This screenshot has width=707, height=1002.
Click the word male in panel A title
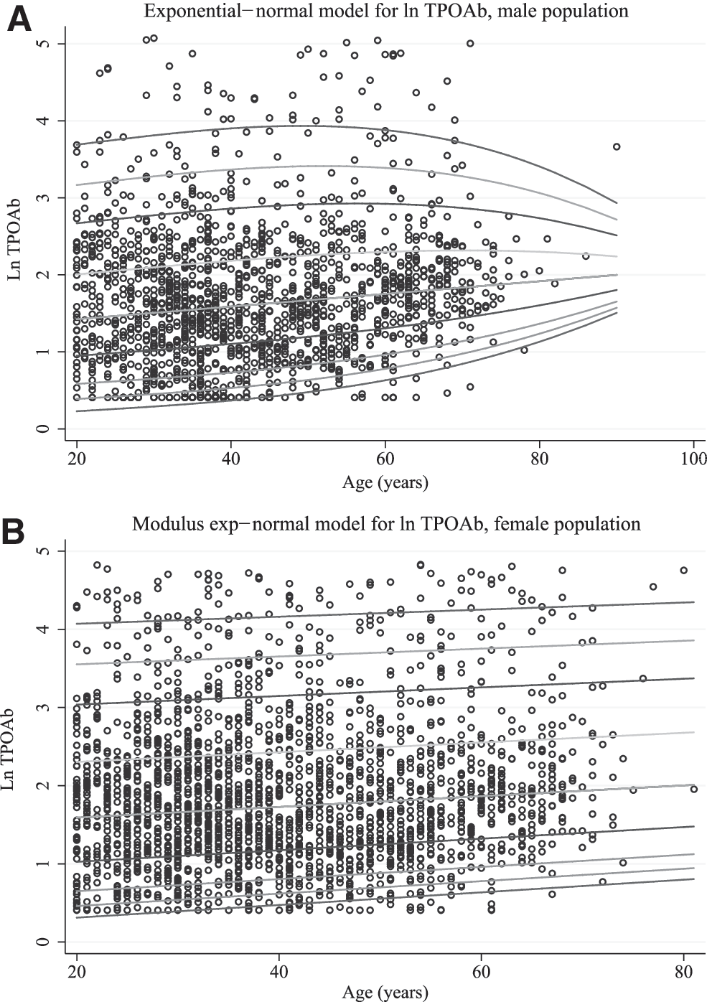pyautogui.click(x=513, y=11)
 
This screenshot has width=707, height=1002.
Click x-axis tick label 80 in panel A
pyautogui.click(x=539, y=459)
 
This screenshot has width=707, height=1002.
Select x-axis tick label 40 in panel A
pyautogui.click(x=230, y=459)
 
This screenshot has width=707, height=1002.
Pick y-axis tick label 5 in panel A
pyautogui.click(x=43, y=44)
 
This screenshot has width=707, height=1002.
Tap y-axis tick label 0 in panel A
pyautogui.click(x=43, y=429)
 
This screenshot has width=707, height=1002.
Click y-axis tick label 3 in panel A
pyautogui.click(x=43, y=197)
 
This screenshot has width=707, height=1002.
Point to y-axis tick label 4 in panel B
pyautogui.click(x=43, y=629)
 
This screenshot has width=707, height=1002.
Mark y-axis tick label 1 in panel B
pyautogui.click(x=43, y=863)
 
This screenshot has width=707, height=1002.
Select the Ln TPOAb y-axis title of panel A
pyautogui.click(x=14, y=235)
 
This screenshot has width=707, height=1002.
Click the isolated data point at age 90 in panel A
pyautogui.click(x=617, y=146)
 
